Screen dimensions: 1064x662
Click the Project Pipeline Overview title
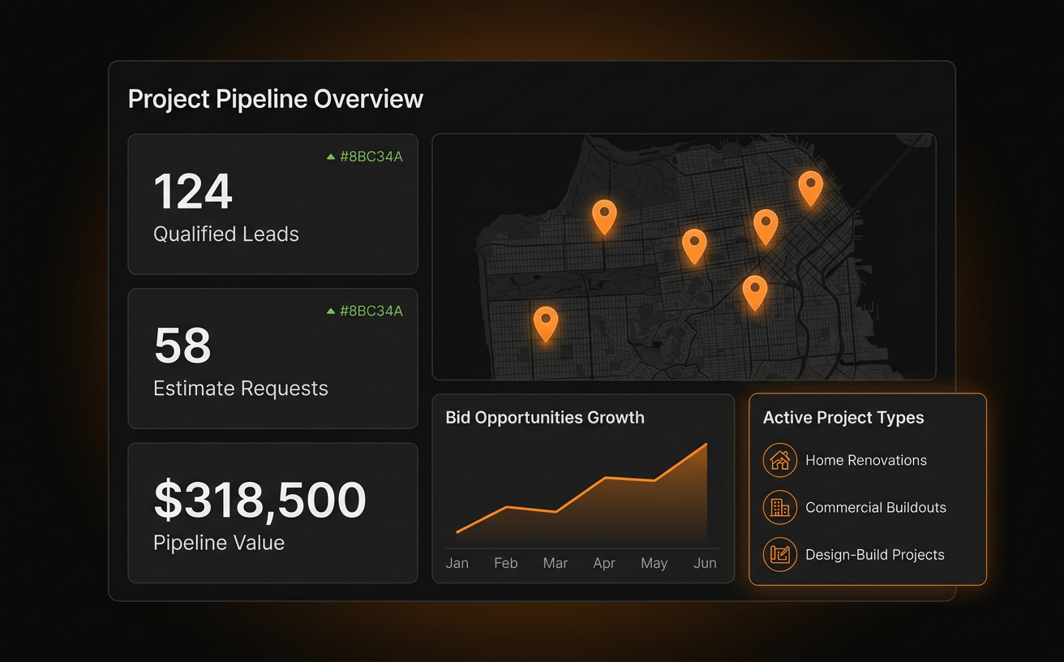click(x=276, y=99)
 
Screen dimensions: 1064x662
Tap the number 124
click(x=193, y=191)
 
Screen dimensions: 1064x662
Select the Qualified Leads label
click(x=226, y=234)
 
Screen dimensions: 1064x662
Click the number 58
click(x=182, y=345)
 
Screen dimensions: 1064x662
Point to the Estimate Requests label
click(x=241, y=389)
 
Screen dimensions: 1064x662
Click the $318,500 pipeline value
click(x=260, y=500)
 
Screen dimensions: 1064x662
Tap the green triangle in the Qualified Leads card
click(x=331, y=157)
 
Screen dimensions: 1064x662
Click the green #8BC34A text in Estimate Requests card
click(x=371, y=311)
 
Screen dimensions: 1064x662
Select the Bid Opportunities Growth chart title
click(x=545, y=417)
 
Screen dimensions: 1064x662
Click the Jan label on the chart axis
click(x=457, y=563)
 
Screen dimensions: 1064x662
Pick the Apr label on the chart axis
click(x=604, y=563)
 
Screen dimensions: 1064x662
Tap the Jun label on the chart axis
click(x=705, y=563)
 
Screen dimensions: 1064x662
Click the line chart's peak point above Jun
click(x=706, y=445)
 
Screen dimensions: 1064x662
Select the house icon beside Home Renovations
click(x=780, y=460)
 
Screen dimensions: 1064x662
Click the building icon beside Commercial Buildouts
click(x=780, y=507)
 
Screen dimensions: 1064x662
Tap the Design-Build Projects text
click(x=875, y=555)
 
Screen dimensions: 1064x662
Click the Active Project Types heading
click(x=843, y=417)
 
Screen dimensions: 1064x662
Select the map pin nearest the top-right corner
click(x=811, y=188)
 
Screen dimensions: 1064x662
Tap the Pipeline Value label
click(x=219, y=543)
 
